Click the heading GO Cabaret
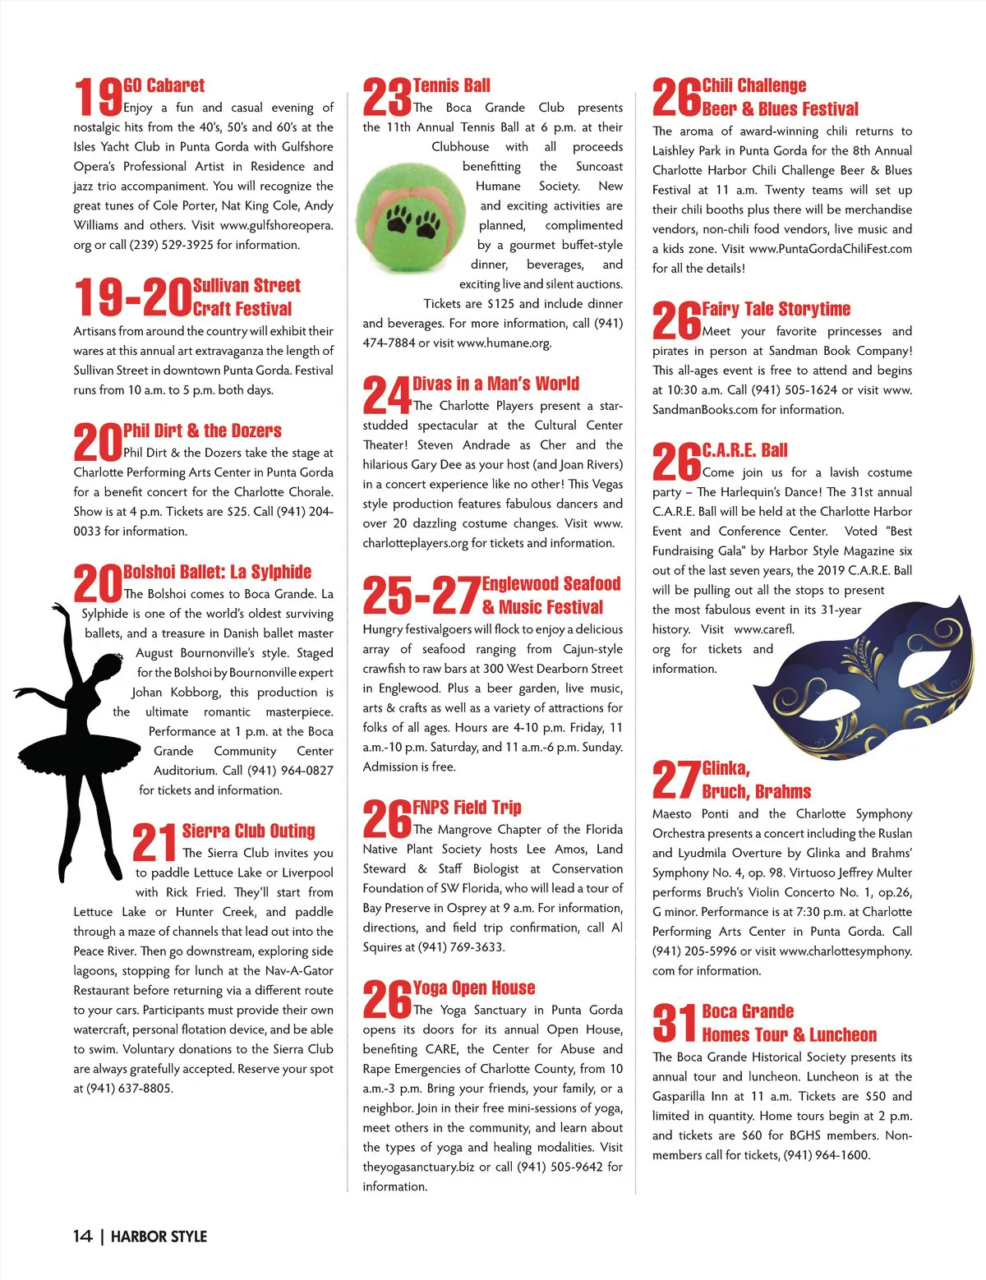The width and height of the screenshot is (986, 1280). (164, 85)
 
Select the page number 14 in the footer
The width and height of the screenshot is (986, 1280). (82, 1236)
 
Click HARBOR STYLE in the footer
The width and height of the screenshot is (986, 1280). (159, 1236)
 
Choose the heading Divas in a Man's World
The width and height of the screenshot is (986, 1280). (495, 384)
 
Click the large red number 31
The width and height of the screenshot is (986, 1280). (675, 1023)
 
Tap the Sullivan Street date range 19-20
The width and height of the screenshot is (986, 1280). (131, 297)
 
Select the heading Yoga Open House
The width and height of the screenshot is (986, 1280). (474, 988)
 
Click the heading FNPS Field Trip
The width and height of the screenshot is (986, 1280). (467, 807)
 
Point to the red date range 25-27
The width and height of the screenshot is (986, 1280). (421, 596)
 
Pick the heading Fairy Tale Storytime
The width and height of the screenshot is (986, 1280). (776, 309)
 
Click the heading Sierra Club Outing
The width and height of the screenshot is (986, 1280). (248, 831)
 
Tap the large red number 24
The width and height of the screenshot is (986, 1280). (386, 395)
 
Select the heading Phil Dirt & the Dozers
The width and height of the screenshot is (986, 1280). (202, 431)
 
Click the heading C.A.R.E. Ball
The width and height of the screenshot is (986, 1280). (744, 450)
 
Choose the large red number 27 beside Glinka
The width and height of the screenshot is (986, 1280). (675, 780)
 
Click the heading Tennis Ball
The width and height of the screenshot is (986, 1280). (451, 85)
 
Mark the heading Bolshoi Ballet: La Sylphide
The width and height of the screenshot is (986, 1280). (217, 572)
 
